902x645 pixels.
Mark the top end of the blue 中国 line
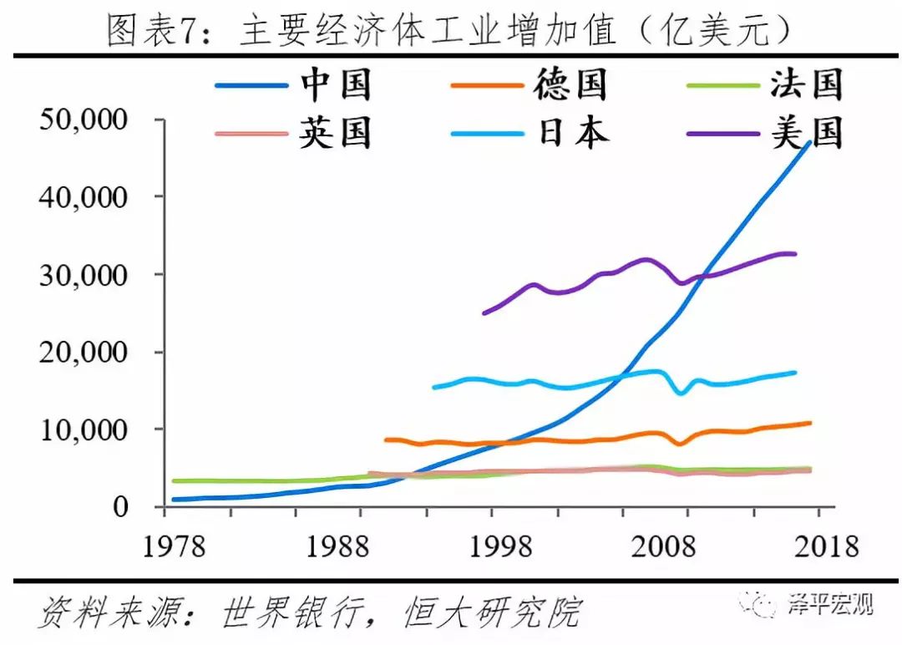tap(809, 143)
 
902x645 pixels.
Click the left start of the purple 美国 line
tap(484, 313)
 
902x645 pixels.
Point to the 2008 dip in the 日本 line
tap(682, 393)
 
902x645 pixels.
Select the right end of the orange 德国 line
tap(809, 423)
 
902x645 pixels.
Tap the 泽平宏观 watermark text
tap(831, 604)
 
